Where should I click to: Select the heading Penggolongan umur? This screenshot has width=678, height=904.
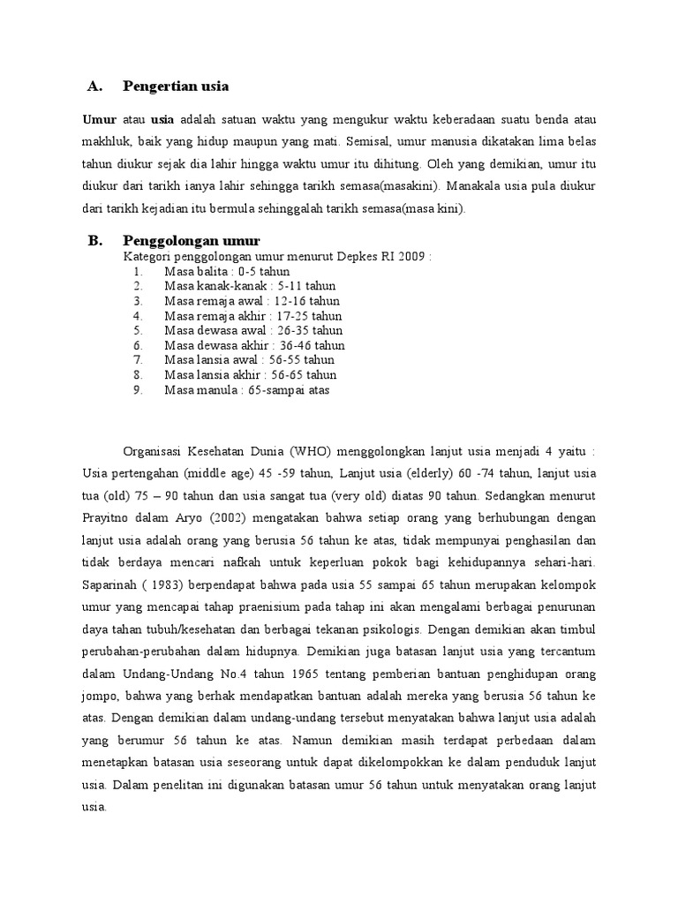coord(192,240)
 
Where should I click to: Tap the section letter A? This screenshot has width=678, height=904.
coord(96,87)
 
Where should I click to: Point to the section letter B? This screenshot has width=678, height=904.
coord(96,240)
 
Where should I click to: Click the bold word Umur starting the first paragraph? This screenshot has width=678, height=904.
coord(99,119)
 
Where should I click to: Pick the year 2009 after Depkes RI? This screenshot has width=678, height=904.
coord(412,256)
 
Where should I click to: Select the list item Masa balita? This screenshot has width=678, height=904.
coord(227,271)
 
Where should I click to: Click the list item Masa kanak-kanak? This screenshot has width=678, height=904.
coord(250,286)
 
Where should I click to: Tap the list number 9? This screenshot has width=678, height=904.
coord(138,389)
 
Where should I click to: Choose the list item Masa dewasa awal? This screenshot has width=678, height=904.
coord(253,330)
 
